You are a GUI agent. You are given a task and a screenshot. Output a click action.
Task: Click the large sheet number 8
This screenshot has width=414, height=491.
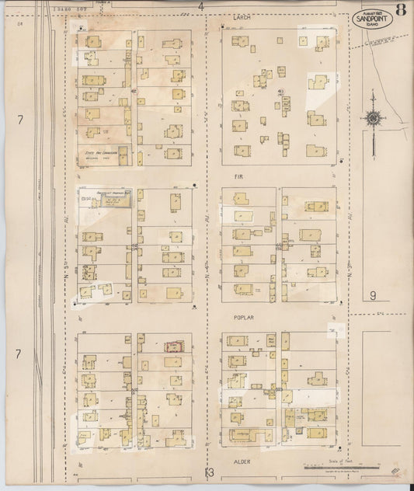pyautogui.click(x=400, y=10)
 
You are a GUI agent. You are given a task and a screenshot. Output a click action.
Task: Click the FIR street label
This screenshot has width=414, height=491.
pyautogui.click(x=239, y=176)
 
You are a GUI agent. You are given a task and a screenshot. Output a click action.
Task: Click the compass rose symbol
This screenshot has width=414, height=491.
pyautogui.click(x=373, y=119)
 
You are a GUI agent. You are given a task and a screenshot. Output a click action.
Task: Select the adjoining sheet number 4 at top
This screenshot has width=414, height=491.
pyautogui.click(x=200, y=6)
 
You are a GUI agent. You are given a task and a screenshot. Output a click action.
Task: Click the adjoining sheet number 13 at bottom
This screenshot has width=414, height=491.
pyautogui.click(x=208, y=471)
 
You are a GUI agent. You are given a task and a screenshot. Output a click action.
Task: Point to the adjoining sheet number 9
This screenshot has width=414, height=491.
pyautogui.click(x=373, y=294)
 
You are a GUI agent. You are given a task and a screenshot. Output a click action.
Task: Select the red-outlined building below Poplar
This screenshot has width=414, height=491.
pyautogui.click(x=171, y=346)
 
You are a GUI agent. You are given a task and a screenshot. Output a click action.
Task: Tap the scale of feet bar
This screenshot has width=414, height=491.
pyautogui.click(x=326, y=468)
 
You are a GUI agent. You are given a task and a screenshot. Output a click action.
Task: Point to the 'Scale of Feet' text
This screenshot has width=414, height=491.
pyautogui.click(x=325, y=461)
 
